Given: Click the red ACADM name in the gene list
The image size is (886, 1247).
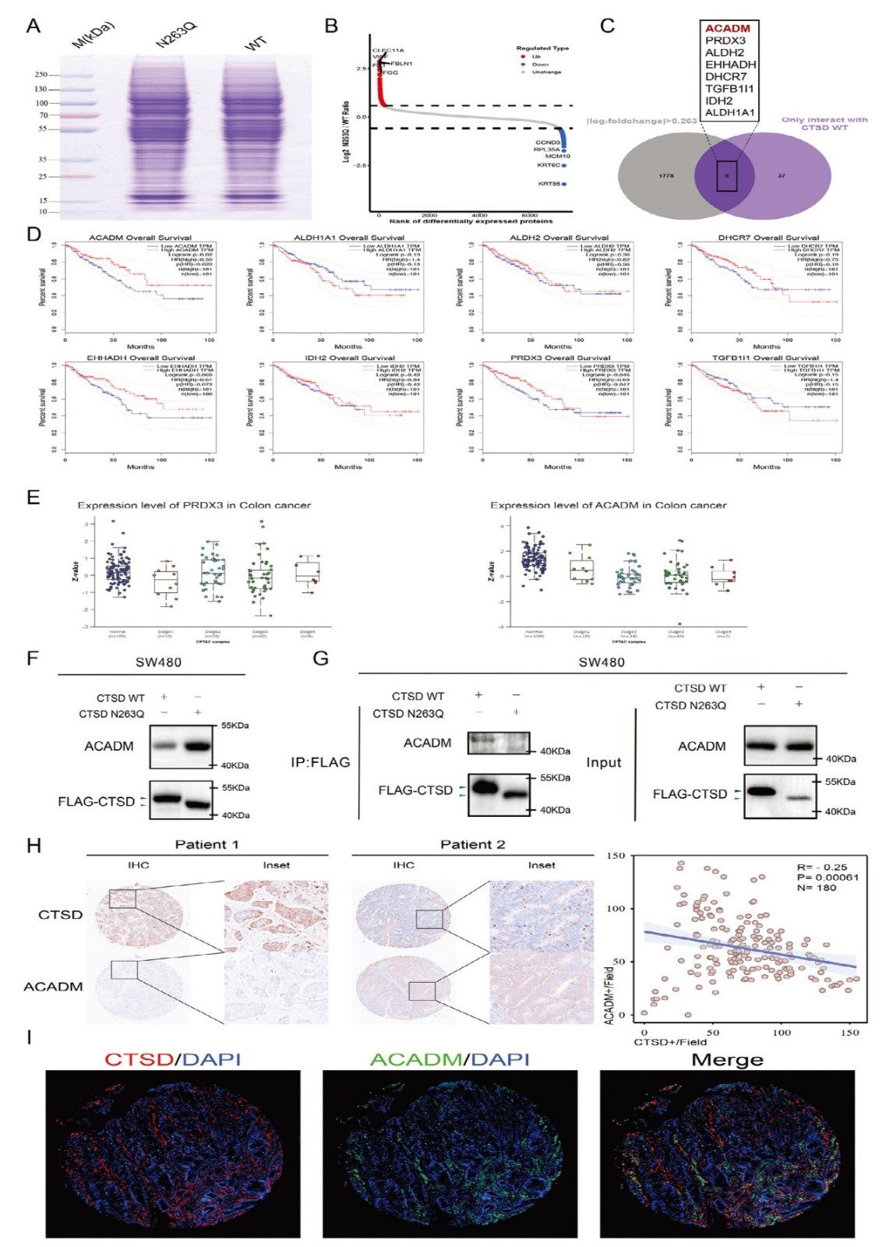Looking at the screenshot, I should coord(727,29).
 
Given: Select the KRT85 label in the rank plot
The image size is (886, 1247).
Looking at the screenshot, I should coord(549,184).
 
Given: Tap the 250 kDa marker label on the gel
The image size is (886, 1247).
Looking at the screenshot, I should coord(41,75).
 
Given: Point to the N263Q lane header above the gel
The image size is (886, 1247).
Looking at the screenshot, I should coord(176,36).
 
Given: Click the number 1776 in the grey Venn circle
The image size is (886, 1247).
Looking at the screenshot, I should coord(665,176).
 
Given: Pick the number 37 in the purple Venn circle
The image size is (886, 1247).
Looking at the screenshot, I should coord(782,176).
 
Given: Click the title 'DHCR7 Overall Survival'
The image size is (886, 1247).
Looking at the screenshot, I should coord(768,238).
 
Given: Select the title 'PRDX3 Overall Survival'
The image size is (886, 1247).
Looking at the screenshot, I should coord(558,358).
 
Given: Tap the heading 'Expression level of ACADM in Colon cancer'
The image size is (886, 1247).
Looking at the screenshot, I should coord(608,506).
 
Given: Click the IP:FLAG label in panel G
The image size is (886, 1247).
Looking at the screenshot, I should coord(320,762).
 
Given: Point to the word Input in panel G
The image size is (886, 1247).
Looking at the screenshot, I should coord(604,762).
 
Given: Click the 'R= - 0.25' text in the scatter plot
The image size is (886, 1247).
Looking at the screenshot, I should coord(821,867).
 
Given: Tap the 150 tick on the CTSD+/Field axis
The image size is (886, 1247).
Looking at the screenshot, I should coord(849,1033).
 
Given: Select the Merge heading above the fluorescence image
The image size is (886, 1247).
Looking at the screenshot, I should coord(727,1060).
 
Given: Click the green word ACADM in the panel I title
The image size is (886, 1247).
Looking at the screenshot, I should coord(415,1060).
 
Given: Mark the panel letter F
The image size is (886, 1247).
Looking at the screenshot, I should coord(32,659).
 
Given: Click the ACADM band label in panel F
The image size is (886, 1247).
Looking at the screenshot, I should coord(108,747).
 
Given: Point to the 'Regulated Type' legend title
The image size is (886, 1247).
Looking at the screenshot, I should coord(542,48).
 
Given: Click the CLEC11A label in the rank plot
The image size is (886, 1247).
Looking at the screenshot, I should coord(387,51).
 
